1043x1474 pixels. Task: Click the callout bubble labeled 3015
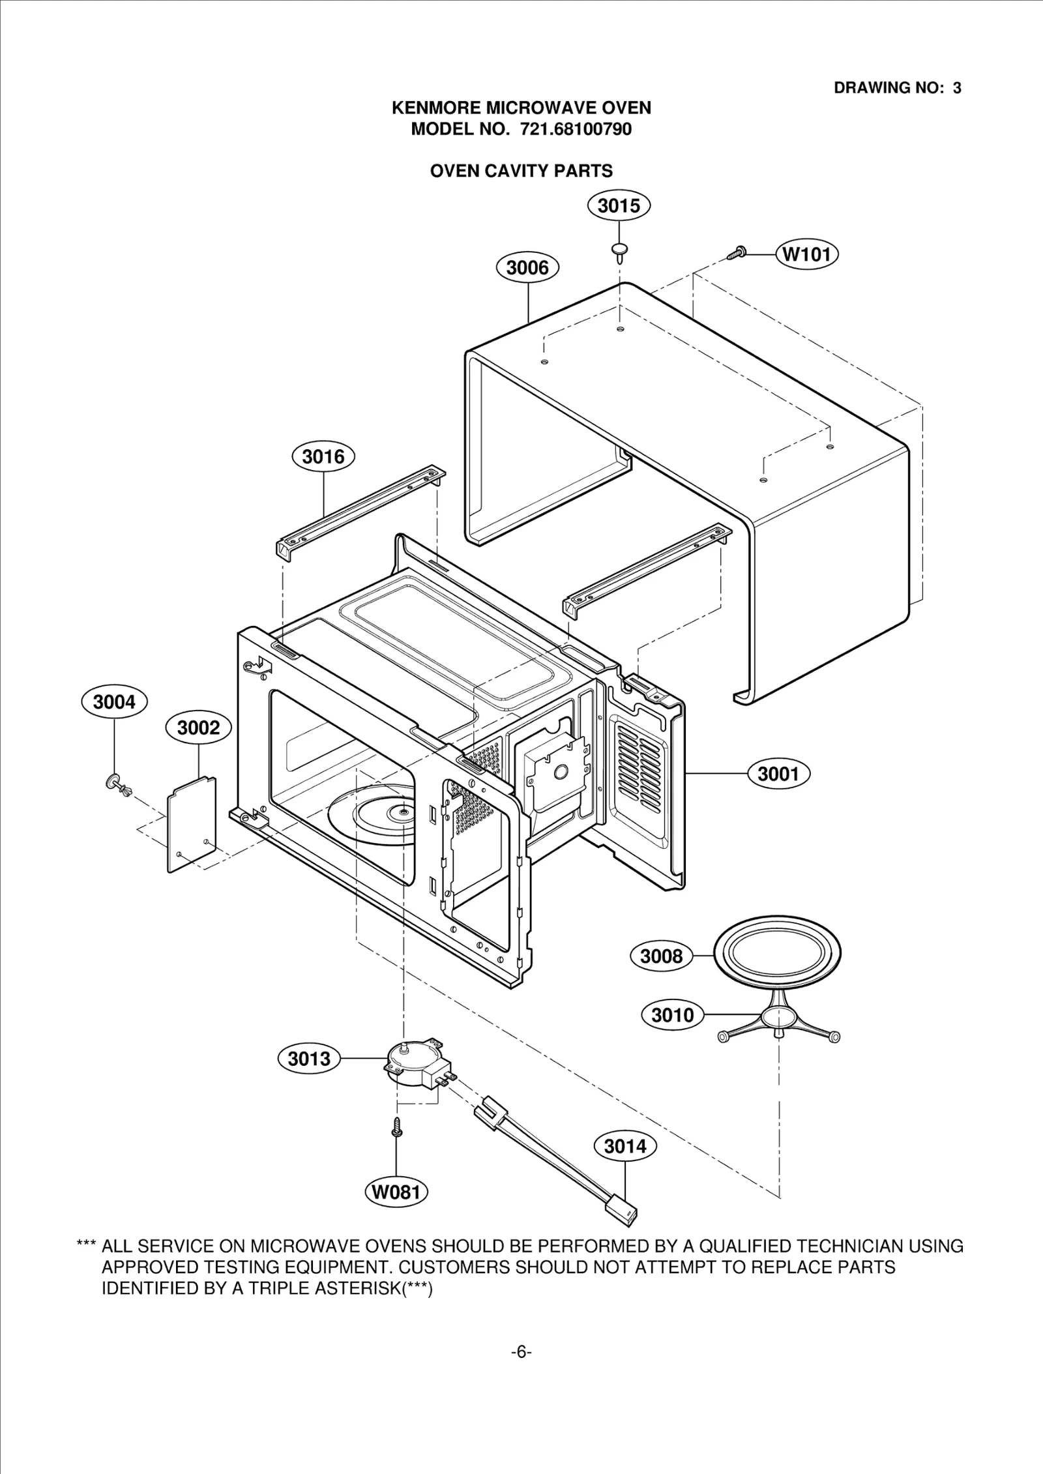pos(619,206)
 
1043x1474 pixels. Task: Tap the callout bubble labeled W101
pos(807,254)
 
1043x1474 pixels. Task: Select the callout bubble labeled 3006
pos(527,267)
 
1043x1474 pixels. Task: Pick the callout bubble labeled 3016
pos(323,456)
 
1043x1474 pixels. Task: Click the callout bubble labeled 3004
pos(114,702)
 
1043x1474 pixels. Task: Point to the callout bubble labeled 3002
pos(198,728)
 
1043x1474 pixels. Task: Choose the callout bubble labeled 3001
pos(778,774)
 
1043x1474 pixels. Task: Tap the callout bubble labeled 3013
pos(309,1058)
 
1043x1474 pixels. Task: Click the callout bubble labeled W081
pos(396,1192)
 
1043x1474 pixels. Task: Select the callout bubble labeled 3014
pos(625,1146)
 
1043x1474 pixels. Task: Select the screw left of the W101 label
pos(736,253)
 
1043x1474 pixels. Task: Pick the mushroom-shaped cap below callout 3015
pos(619,250)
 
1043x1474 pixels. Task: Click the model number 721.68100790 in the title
pos(576,129)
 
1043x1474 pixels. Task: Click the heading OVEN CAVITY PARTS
pos(521,171)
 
